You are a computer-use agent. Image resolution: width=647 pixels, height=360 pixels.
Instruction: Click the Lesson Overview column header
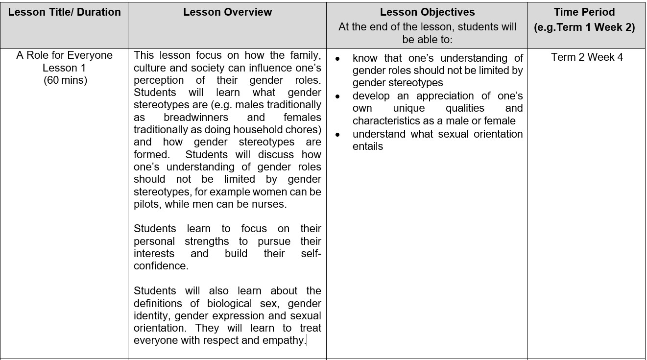tap(227, 12)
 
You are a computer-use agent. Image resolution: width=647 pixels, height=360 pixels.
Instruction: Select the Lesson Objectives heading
tap(427, 12)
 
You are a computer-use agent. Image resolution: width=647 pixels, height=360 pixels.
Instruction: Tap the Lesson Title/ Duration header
tap(65, 12)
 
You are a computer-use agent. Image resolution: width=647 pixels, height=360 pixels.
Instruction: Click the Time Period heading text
tap(584, 12)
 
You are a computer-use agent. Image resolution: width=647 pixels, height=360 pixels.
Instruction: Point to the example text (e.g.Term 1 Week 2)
tap(584, 27)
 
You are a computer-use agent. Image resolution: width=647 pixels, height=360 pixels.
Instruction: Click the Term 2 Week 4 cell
tap(587, 57)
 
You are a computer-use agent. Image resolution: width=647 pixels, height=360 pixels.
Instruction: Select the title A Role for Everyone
tap(65, 55)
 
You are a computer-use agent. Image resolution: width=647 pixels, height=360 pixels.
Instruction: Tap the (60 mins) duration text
tap(65, 80)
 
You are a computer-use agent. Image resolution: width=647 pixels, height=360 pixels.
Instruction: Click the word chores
tap(304, 130)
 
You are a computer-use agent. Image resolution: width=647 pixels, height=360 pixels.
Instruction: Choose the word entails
tap(367, 146)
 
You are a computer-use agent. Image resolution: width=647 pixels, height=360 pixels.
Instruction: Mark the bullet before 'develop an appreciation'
tap(337, 96)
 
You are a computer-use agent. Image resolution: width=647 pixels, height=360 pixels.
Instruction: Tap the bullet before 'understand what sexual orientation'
tap(337, 134)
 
